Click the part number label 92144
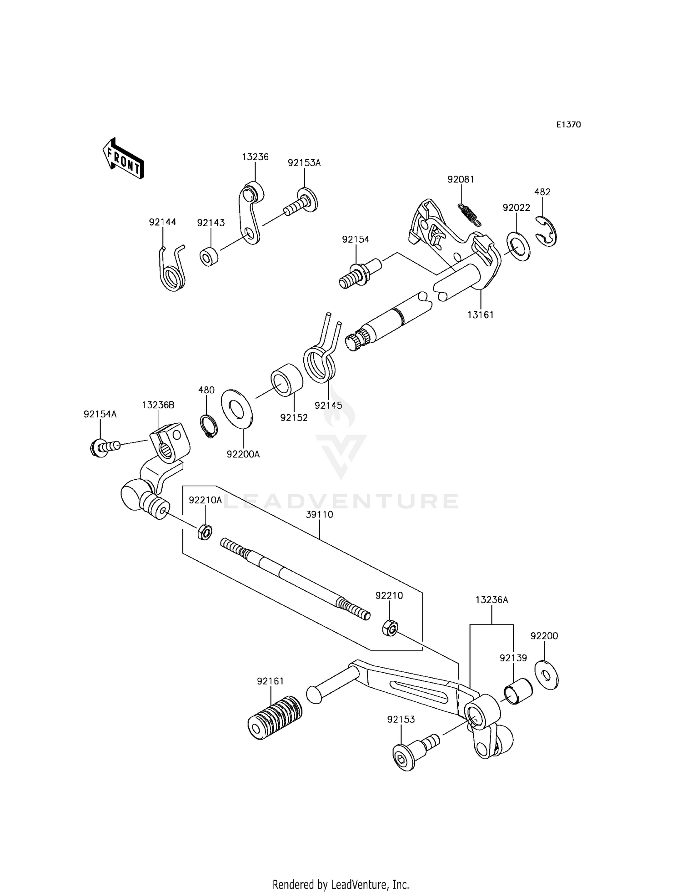coord(162,222)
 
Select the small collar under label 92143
coord(209,257)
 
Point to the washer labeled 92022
coord(518,246)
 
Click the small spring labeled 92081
coord(469,213)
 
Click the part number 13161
coord(481,315)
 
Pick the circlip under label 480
coord(209,426)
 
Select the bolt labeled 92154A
coord(104,447)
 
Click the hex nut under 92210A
coord(205,532)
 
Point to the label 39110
coord(319,514)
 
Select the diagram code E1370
coord(568,125)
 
